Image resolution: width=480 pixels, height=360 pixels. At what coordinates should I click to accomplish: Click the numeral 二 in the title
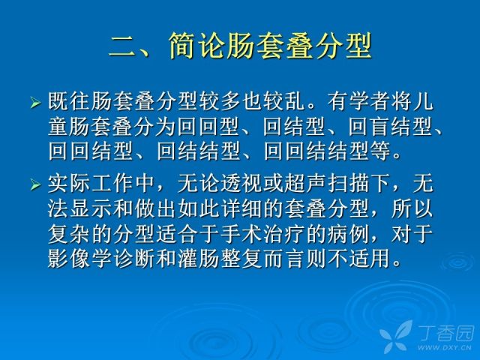pyautogui.click(x=122, y=46)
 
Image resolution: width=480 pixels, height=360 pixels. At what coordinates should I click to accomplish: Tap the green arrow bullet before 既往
pyautogui.click(x=35, y=102)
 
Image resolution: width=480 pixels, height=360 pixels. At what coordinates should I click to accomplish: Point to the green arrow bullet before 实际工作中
pyautogui.click(x=35, y=185)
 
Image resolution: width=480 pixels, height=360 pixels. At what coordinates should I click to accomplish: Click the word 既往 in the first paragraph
pyautogui.click(x=69, y=101)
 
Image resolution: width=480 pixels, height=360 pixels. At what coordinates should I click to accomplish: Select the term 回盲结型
pyautogui.click(x=391, y=126)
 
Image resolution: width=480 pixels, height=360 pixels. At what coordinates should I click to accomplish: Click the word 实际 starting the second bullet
pyautogui.click(x=69, y=184)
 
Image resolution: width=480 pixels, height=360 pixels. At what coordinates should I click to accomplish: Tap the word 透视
pyautogui.click(x=241, y=184)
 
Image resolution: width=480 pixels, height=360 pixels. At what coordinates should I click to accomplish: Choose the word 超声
pyautogui.click(x=305, y=184)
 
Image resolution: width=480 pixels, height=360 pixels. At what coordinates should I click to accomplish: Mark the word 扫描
pyautogui.click(x=348, y=184)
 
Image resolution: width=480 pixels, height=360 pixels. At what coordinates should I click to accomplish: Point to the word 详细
pyautogui.click(x=241, y=209)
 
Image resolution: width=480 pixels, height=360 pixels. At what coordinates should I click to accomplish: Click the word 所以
pyautogui.click(x=412, y=209)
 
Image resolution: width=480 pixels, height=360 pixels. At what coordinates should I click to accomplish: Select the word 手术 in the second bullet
pyautogui.click(x=241, y=234)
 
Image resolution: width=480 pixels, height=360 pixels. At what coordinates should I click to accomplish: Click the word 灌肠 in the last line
pyautogui.click(x=199, y=259)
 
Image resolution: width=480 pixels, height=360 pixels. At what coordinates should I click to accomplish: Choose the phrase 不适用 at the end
pyautogui.click(x=359, y=259)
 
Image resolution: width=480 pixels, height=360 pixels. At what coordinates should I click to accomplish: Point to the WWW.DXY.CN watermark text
pyautogui.click(x=445, y=347)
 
